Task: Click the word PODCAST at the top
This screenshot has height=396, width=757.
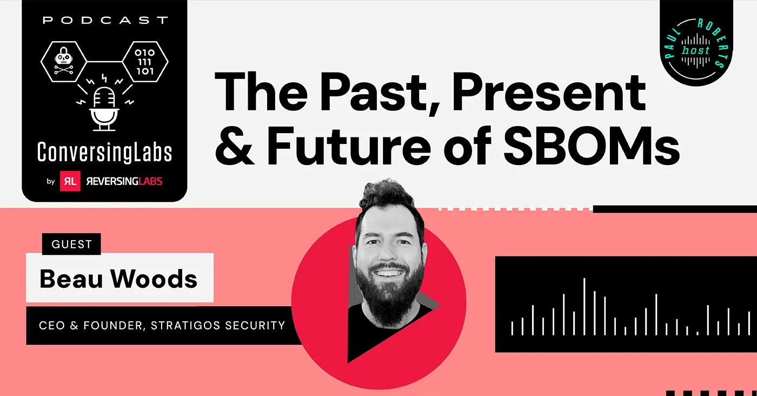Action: pos(105,21)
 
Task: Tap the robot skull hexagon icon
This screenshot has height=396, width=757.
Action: pos(64,62)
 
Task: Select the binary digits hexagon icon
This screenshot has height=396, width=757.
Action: pos(145,62)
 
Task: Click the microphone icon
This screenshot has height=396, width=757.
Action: pos(104,109)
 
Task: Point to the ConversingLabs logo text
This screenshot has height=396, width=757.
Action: pos(105,153)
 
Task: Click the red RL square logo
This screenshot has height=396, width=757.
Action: pos(70,181)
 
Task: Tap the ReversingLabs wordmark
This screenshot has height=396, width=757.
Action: pos(124,181)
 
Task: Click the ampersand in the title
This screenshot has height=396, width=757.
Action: pos(234,146)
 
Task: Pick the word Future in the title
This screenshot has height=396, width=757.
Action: pos(349,146)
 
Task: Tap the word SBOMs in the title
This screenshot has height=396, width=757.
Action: pos(592,146)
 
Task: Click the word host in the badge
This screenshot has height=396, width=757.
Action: pos(695,50)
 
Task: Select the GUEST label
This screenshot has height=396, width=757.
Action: pos(71,244)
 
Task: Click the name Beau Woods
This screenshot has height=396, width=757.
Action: pos(118,279)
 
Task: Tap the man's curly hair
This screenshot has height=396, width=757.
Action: pos(389,200)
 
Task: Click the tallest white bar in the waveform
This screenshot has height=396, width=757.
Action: pos(584,306)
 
